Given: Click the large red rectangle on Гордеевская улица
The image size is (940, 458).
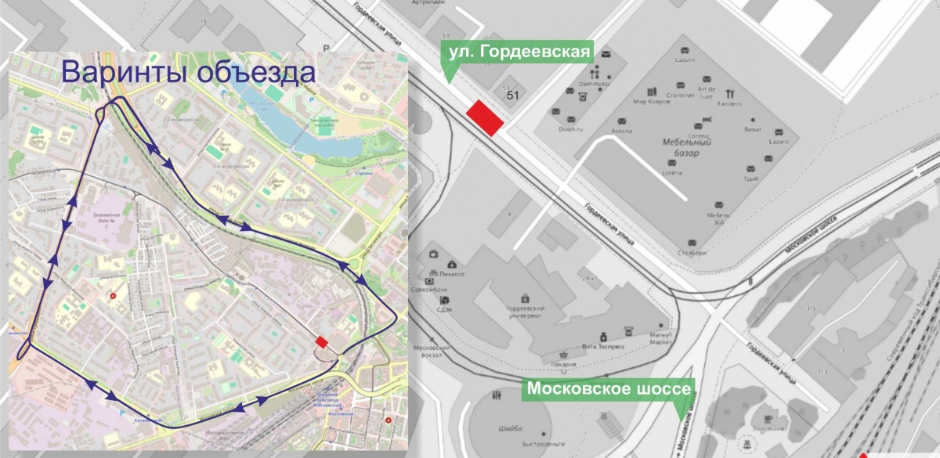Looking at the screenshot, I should click(485, 118).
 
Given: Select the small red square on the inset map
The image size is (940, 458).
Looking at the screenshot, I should click(321, 341).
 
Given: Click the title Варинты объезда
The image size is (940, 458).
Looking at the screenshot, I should click(188, 73).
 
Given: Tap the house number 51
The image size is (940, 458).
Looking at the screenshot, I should click(514, 95).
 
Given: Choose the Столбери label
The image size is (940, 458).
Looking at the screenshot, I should click(692, 252).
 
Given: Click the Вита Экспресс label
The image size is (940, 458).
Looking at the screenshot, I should click(602, 345).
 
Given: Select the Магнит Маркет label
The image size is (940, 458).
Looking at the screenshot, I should click(662, 339).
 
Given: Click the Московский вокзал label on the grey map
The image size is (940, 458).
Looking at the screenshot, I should click(429, 351).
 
